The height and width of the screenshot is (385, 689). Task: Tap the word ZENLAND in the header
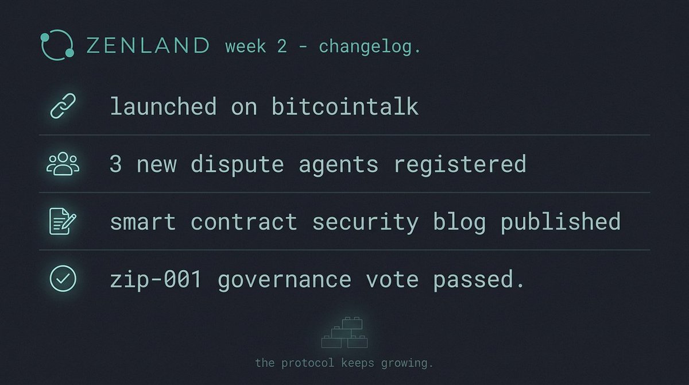pyautogui.click(x=148, y=45)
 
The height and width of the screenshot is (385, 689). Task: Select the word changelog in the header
pyautogui.click(x=369, y=46)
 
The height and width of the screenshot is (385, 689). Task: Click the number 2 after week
pyautogui.click(x=281, y=46)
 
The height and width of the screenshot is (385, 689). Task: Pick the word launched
pyautogui.click(x=163, y=107)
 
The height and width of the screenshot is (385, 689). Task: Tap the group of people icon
pyautogui.click(x=63, y=165)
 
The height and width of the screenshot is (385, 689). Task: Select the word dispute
pyautogui.click(x=237, y=165)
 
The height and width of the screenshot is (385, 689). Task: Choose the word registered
pyautogui.click(x=460, y=165)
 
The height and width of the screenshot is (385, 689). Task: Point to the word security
pyautogui.click(x=366, y=222)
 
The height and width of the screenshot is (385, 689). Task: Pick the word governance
pyautogui.click(x=285, y=279)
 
